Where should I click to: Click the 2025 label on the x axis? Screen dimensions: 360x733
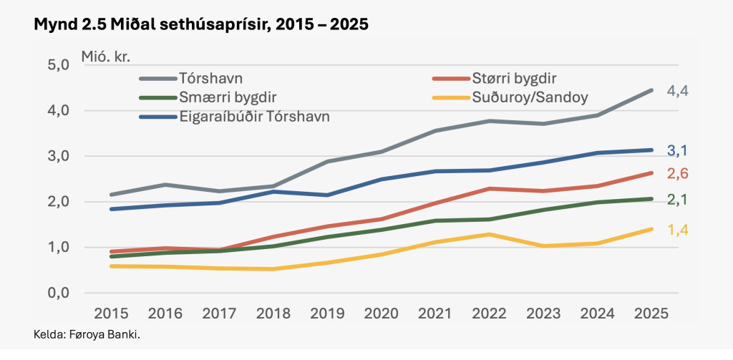tap(651, 313)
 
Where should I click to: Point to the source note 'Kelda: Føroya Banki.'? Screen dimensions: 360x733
tap(86, 334)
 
